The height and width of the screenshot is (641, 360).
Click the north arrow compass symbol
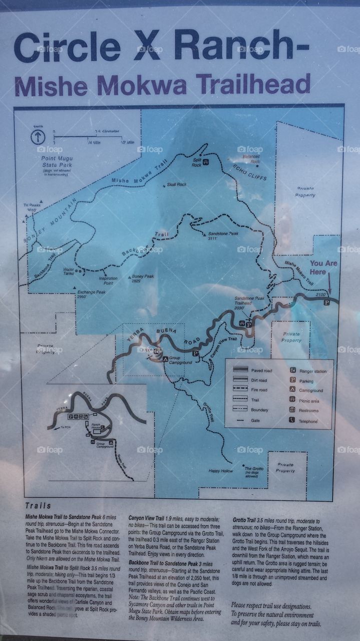38,137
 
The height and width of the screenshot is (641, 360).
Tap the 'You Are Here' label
323,267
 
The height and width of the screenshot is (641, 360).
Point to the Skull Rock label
176,185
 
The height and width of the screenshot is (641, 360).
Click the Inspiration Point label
108,280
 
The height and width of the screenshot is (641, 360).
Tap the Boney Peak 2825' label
143,278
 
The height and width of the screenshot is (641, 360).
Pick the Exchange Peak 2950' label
87,293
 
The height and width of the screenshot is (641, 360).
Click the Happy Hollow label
221,471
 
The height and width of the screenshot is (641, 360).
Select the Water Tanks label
69,271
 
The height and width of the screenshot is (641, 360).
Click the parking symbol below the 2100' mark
326,302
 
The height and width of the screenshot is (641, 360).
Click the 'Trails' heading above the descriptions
38,506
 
